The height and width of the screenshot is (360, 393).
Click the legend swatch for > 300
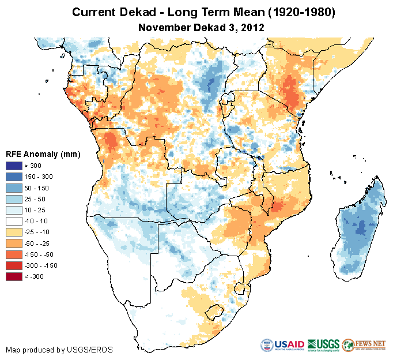(14, 166)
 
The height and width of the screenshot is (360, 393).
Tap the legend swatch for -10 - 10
(14, 221)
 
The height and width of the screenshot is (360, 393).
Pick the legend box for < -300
(14, 276)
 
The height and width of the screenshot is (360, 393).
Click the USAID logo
(283, 345)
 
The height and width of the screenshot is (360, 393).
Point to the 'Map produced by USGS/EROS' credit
(59, 350)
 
